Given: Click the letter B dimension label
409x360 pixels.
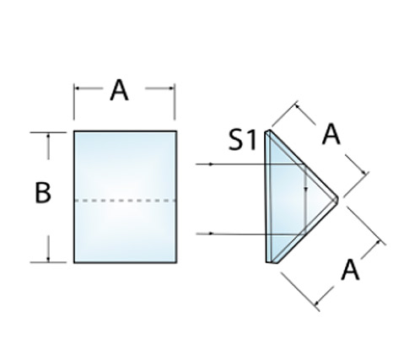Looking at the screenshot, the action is pyautogui.click(x=43, y=192).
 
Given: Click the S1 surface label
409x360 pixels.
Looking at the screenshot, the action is pyautogui.click(x=242, y=140).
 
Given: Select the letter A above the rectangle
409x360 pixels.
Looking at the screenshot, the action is pyautogui.click(x=119, y=90).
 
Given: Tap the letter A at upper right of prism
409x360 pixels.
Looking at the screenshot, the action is pyautogui.click(x=331, y=135).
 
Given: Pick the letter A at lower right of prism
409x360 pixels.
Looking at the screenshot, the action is pyautogui.click(x=350, y=270).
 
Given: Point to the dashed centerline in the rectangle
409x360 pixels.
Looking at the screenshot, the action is pyautogui.click(x=126, y=201).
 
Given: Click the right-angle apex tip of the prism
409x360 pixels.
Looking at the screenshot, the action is pyautogui.click(x=337, y=199).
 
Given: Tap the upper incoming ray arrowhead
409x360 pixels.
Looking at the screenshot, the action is pyautogui.click(x=212, y=164).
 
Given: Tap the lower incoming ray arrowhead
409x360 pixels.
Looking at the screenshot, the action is pyautogui.click(x=212, y=234).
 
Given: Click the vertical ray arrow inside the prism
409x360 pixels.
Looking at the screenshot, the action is pyautogui.click(x=306, y=208).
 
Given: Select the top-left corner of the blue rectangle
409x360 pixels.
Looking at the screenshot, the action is pyautogui.click(x=74, y=132).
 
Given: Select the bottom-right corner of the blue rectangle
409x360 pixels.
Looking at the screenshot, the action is pyautogui.click(x=177, y=263).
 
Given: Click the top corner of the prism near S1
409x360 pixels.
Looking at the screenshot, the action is pyautogui.click(x=268, y=131).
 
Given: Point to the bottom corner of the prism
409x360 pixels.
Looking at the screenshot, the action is pyautogui.click(x=267, y=262).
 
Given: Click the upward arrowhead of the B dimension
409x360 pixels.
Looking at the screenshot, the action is pyautogui.click(x=49, y=137).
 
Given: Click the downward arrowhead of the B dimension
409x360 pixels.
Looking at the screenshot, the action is pyautogui.click(x=49, y=259).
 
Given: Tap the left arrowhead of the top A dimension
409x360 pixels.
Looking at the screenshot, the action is pyautogui.click(x=78, y=89).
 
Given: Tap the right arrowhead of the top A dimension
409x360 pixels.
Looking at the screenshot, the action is pyautogui.click(x=171, y=89).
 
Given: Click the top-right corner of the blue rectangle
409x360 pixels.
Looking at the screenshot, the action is pyautogui.click(x=177, y=132).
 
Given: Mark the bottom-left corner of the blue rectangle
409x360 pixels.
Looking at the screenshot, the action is pyautogui.click(x=74, y=263).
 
